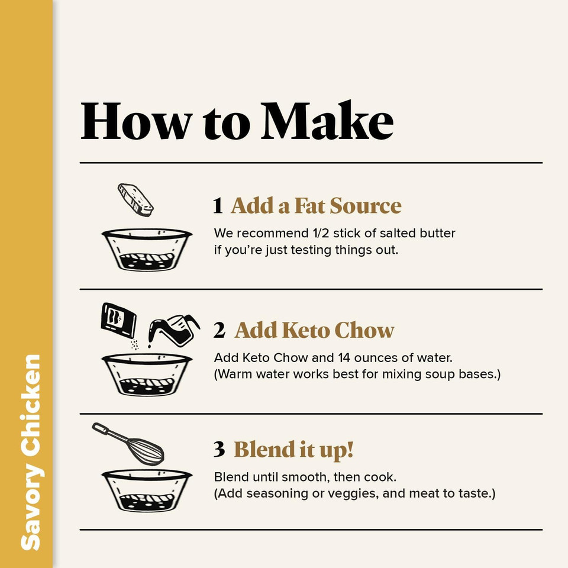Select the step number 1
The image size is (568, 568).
click(218, 206)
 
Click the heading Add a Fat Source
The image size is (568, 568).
click(316, 206)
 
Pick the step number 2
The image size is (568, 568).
click(219, 330)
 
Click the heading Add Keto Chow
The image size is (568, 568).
click(314, 330)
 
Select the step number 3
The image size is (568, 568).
click(219, 450)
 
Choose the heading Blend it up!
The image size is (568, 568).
click(293, 450)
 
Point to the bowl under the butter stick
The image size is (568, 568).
click(147, 249)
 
